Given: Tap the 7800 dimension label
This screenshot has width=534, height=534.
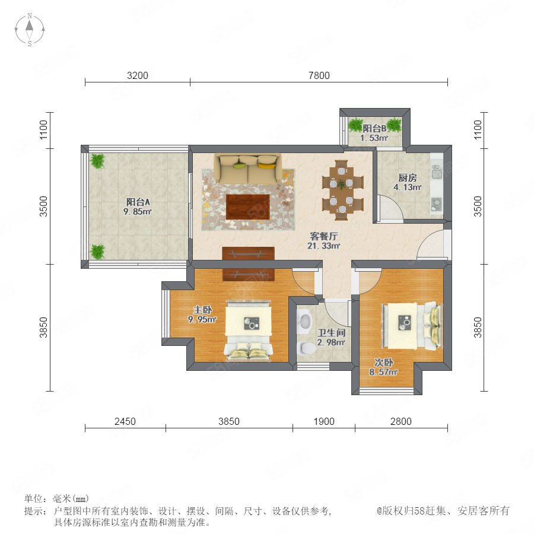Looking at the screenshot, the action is pyautogui.click(x=319, y=75).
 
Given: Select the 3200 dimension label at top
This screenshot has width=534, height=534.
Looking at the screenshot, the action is pyautogui.click(x=138, y=75).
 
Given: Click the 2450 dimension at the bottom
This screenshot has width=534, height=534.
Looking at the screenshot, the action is pyautogui.click(x=125, y=421).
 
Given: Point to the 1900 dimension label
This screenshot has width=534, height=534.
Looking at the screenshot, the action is pyautogui.click(x=324, y=421).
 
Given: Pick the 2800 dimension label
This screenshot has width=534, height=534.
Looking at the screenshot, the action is pyautogui.click(x=401, y=421).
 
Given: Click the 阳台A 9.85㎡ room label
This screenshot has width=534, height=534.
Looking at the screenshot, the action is pyautogui.click(x=138, y=206).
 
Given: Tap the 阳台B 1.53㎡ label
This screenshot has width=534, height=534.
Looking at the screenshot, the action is pyautogui.click(x=374, y=133).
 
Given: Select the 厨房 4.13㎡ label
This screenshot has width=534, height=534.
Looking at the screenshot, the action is pyautogui.click(x=408, y=182).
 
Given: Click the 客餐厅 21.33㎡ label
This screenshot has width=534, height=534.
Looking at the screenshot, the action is pyautogui.click(x=324, y=241).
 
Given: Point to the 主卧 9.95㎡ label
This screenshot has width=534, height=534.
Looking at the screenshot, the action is pyautogui.click(x=202, y=314).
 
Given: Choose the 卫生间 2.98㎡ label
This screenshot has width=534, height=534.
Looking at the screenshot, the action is pyautogui.click(x=331, y=337).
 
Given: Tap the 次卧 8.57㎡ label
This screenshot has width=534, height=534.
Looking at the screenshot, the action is pyautogui.click(x=383, y=367).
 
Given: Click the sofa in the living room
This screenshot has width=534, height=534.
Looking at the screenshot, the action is pyautogui.click(x=247, y=169).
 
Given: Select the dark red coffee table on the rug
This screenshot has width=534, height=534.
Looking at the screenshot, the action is pyautogui.click(x=248, y=206).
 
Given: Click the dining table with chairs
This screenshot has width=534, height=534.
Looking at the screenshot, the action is pyautogui.click(x=342, y=190).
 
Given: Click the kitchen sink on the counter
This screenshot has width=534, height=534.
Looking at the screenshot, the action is pyautogui.click(x=437, y=204).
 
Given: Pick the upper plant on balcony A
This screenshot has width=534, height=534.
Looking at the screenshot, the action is pyautogui.click(x=98, y=161).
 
